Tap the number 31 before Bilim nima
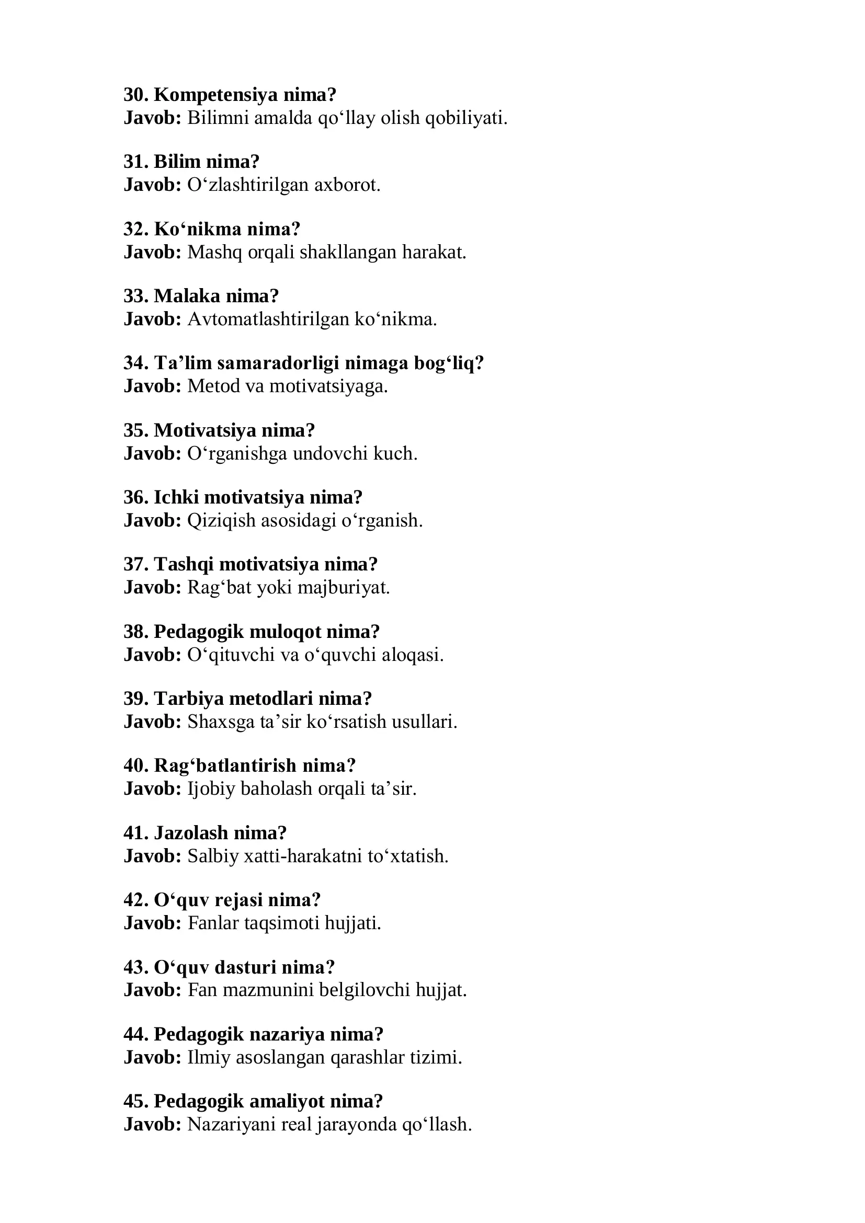tap(135, 162)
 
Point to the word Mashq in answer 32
tap(214, 252)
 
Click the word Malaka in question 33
tap(187, 296)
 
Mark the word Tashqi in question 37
tap(184, 565)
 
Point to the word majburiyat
tap(344, 588)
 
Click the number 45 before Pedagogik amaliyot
tap(135, 1102)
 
